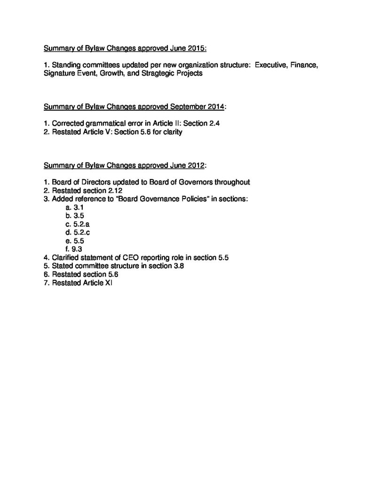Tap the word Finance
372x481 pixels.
point(305,65)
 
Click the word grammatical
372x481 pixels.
point(109,124)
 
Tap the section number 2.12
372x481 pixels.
point(112,190)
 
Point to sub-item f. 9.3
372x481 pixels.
point(74,249)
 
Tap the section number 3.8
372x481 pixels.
point(176,266)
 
